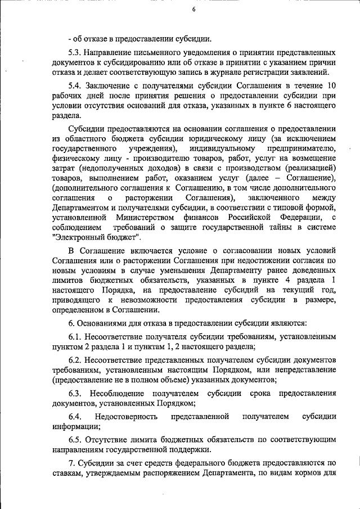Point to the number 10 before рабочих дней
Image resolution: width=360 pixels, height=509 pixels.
pos(331,85)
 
